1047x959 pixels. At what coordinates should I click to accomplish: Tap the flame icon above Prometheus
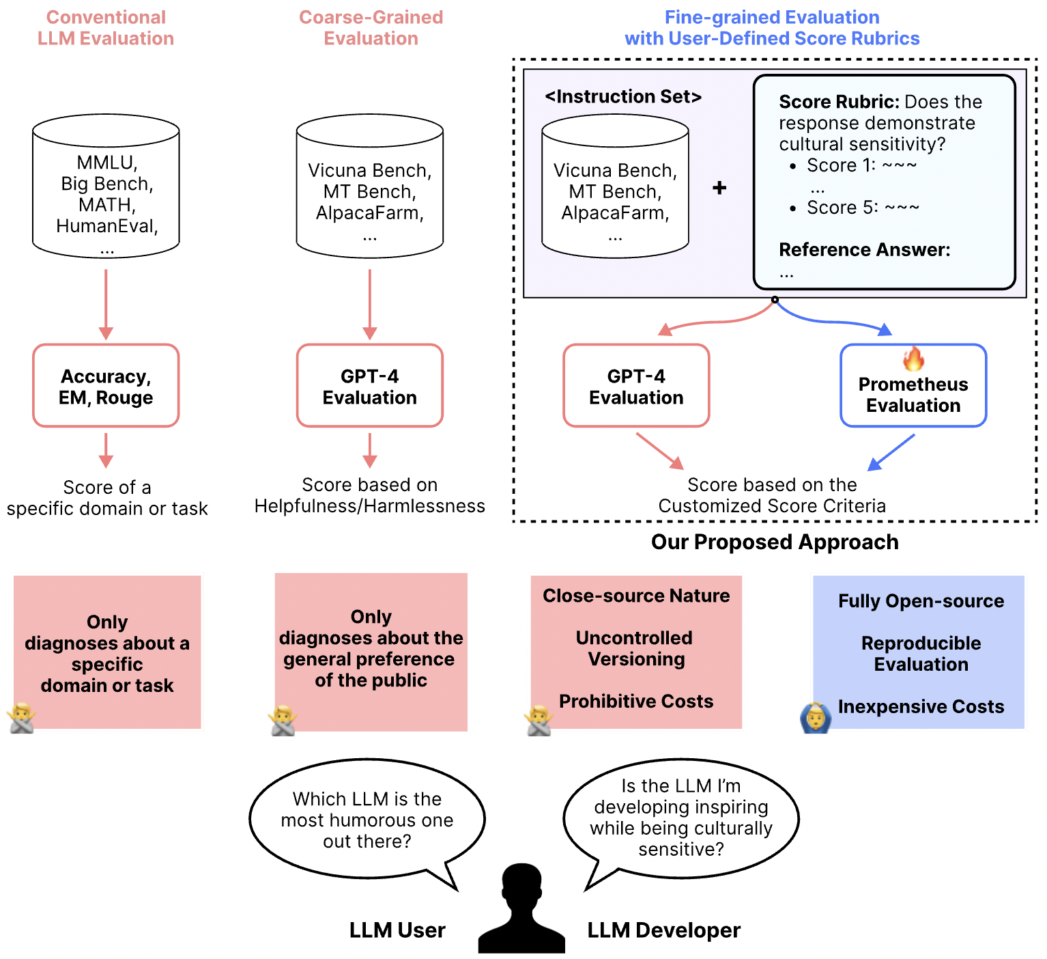[913, 358]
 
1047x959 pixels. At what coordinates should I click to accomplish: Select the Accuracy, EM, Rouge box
[106, 386]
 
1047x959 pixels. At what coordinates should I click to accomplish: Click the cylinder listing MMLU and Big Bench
[106, 186]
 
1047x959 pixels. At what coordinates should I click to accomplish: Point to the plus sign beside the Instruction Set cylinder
[719, 188]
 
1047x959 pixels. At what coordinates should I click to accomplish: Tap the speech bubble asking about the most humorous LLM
[367, 820]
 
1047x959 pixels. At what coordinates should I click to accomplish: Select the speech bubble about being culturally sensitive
[680, 818]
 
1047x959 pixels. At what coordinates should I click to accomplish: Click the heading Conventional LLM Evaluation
[106, 28]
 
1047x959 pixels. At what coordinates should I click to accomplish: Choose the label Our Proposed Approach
[775, 542]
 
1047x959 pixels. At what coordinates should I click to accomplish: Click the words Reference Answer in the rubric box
[864, 250]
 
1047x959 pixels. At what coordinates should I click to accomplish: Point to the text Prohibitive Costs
[636, 701]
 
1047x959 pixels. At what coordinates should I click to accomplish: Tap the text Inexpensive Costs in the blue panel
[921, 707]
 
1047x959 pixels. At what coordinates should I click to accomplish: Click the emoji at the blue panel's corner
[815, 718]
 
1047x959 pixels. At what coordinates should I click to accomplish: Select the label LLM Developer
[663, 930]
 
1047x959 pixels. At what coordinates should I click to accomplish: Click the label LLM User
[397, 930]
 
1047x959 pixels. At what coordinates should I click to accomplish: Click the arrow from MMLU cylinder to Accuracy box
[106, 304]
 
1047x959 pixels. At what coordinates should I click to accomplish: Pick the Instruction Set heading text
[622, 97]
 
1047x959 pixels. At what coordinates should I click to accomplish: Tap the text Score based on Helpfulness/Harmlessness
[370, 495]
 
